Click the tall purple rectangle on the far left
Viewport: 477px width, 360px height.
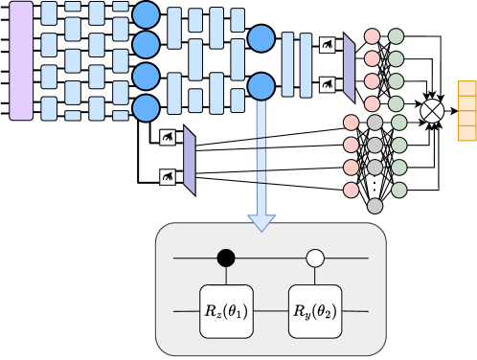(21, 60)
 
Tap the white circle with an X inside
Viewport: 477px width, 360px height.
(434, 111)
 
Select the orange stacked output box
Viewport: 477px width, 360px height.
(466, 111)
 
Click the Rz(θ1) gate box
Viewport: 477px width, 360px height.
(225, 311)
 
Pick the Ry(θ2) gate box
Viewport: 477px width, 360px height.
(314, 311)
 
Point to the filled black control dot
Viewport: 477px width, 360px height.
(225, 258)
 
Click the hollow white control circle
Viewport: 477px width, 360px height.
(314, 258)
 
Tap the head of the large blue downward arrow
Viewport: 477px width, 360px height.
(261, 221)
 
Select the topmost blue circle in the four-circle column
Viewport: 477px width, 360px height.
(146, 14)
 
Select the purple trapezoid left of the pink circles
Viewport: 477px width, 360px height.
(349, 68)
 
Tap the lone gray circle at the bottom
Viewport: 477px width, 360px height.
(375, 206)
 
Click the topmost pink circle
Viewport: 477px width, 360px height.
(372, 37)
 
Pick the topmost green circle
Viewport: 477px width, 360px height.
(397, 37)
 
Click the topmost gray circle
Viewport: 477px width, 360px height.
(375, 123)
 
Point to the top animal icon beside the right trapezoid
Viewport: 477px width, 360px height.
(328, 45)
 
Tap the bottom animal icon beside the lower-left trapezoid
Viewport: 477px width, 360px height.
(168, 177)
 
